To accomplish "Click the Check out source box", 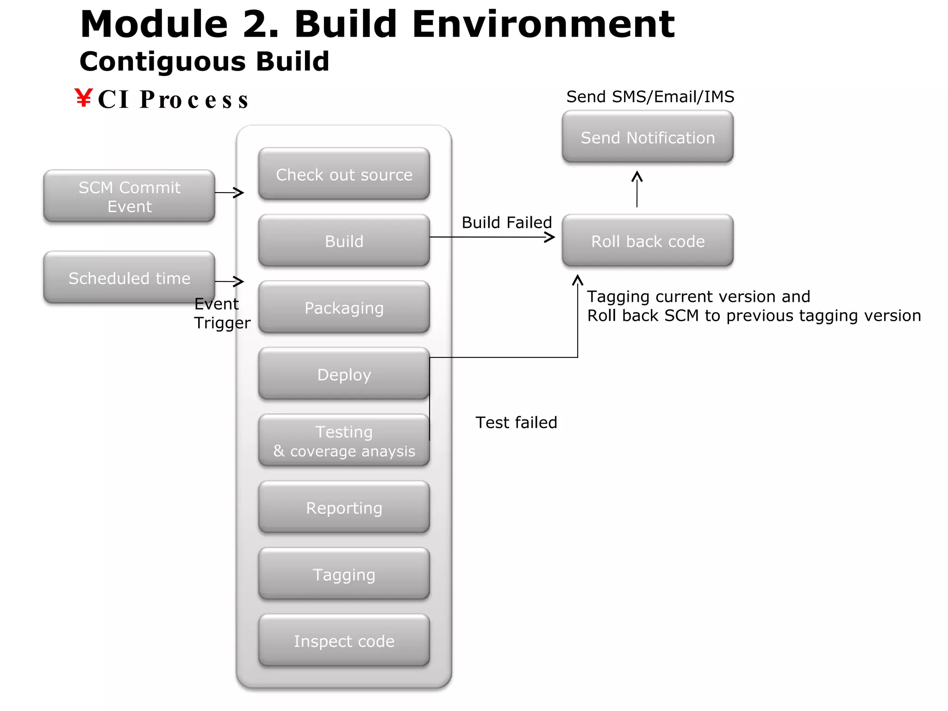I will tap(344, 174).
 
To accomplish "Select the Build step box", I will tap(344, 241).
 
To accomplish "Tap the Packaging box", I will tap(344, 307).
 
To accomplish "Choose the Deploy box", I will tap(344, 374).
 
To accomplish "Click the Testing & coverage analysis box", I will tap(344, 441).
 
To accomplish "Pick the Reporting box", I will tap(344, 507).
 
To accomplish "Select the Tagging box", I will tap(344, 574).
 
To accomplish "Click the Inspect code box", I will tap(344, 641).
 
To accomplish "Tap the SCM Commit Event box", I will tap(129, 196).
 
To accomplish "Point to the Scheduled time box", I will tap(129, 278).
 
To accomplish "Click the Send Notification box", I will tap(648, 137).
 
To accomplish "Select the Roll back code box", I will tap(648, 241).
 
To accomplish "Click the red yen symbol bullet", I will tap(84, 98).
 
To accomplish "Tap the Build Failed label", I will tap(506, 223).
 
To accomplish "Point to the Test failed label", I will tap(516, 423).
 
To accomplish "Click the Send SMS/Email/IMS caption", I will tap(650, 97).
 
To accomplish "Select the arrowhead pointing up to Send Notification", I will tap(637, 176).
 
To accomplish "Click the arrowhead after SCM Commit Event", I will tap(239, 193).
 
